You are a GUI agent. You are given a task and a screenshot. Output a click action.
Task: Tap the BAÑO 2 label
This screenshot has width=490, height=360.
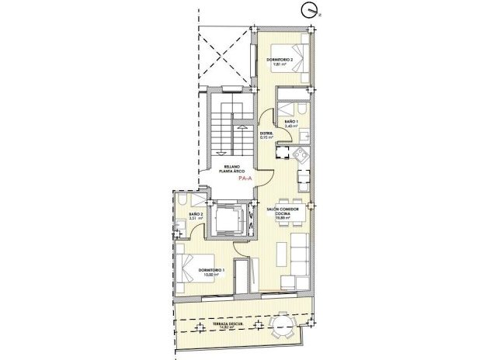[196, 214]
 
